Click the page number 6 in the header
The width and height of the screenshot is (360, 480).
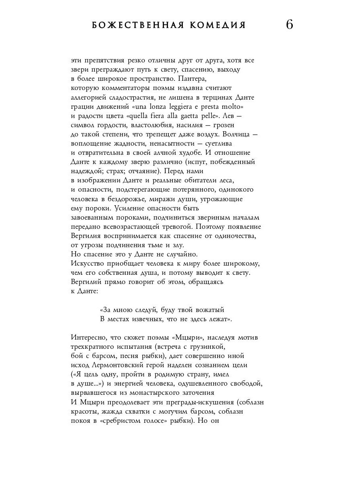coord(289,25)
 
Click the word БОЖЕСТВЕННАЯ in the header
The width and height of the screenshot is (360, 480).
coord(132,25)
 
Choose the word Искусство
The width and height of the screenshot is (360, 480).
coord(88,263)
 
